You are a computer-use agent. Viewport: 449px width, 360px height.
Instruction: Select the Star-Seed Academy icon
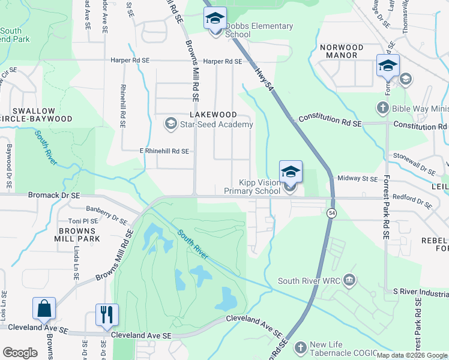(170, 124)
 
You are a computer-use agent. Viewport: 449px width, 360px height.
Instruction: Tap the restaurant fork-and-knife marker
(107, 314)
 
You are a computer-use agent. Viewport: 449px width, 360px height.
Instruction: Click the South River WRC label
(310, 281)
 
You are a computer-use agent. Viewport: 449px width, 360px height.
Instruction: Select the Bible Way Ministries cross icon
(382, 109)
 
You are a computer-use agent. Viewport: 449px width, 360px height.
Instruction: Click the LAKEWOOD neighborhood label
(211, 114)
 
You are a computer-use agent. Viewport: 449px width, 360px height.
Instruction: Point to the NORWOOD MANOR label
(342, 51)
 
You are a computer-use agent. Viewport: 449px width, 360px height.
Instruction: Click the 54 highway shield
(331, 213)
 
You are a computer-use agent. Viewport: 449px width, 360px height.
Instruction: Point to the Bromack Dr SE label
(55, 196)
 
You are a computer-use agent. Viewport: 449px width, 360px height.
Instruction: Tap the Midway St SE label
(357, 179)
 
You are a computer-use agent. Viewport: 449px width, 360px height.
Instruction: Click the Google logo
(20, 353)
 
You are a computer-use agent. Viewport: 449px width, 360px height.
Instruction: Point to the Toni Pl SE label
(83, 221)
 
